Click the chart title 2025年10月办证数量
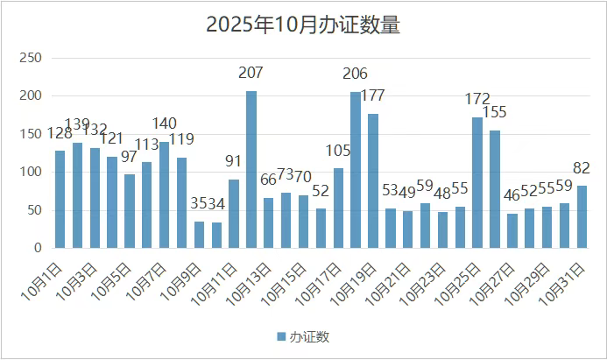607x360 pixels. tap(303, 25)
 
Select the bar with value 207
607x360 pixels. tap(251, 169)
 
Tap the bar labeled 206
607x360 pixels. tap(356, 170)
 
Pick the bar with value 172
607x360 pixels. tap(477, 182)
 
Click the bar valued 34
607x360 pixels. tap(216, 235)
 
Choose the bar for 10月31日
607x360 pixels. tap(582, 216)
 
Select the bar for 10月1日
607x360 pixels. tap(60, 199)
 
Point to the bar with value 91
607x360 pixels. tap(234, 213)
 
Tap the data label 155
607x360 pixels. tap(495, 111)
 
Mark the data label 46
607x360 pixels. tap(512, 194)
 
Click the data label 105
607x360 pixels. tap(337, 150)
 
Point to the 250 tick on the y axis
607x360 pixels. tap(31, 58)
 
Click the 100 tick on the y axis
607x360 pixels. tap(31, 172)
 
